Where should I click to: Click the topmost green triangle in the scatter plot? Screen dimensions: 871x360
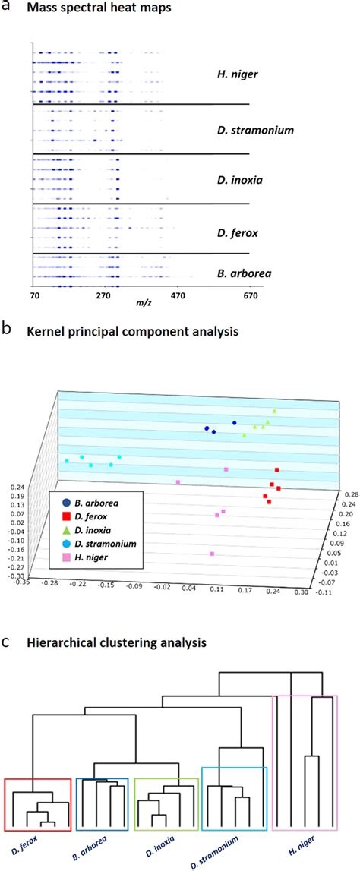[x=275, y=411]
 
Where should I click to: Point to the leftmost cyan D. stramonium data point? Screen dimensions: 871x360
[x=67, y=461]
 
